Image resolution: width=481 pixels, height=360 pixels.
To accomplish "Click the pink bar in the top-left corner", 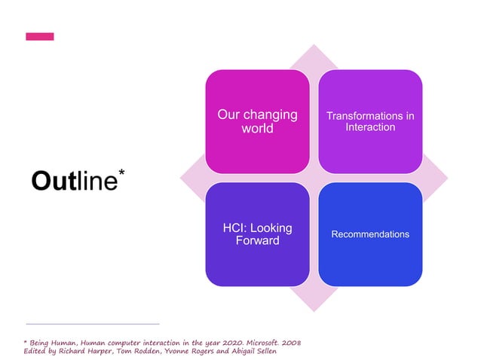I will pyautogui.click(x=39, y=36).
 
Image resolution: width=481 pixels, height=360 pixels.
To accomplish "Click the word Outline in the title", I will pyautogui.click(x=74, y=182).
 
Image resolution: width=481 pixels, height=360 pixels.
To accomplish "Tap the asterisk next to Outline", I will pyautogui.click(x=122, y=174).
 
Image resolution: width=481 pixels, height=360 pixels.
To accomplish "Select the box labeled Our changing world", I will pyautogui.click(x=257, y=121).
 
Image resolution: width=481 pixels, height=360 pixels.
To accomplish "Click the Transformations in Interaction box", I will pyautogui.click(x=369, y=121).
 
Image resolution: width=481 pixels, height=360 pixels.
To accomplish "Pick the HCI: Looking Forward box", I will pyautogui.click(x=257, y=234).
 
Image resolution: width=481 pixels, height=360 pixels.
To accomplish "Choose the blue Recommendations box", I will pyautogui.click(x=369, y=234).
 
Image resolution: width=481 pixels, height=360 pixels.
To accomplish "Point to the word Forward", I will pyautogui.click(x=257, y=241).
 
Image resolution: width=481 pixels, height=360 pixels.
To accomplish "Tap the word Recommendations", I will pyautogui.click(x=369, y=234).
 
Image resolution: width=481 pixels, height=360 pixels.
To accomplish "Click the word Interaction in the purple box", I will pyautogui.click(x=369, y=127).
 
